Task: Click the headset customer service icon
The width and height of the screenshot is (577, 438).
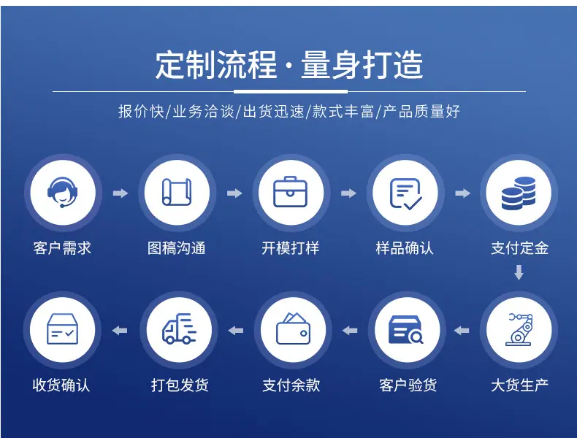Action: pos(63,192)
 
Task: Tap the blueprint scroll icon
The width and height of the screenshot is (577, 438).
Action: pos(177,192)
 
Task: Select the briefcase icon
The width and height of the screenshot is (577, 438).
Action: pos(291,192)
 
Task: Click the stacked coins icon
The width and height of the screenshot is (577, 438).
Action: pos(519,193)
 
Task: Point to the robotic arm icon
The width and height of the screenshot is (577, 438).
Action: pos(519,329)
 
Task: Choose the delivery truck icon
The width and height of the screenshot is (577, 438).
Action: pos(179,328)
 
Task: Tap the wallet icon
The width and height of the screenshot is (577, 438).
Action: pos(294,328)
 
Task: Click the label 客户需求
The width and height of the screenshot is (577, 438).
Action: pos(62,248)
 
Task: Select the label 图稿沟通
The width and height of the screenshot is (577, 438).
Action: pos(177,248)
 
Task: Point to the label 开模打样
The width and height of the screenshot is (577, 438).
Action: pos(291,248)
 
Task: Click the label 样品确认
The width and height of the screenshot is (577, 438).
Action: pos(405,248)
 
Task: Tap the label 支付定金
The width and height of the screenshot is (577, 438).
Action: pos(519,248)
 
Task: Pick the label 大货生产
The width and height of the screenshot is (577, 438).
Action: pos(519,385)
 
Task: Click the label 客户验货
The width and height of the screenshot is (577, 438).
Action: pos(408,385)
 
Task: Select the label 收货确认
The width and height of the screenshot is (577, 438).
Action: pos(61,385)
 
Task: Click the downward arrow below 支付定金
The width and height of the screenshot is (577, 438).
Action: pos(519,272)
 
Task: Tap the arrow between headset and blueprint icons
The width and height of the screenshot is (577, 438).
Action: pos(121,193)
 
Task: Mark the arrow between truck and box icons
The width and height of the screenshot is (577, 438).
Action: pos(120,330)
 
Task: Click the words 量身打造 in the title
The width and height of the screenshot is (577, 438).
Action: pos(362,65)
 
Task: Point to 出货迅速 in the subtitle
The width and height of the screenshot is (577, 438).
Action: pos(273,111)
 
